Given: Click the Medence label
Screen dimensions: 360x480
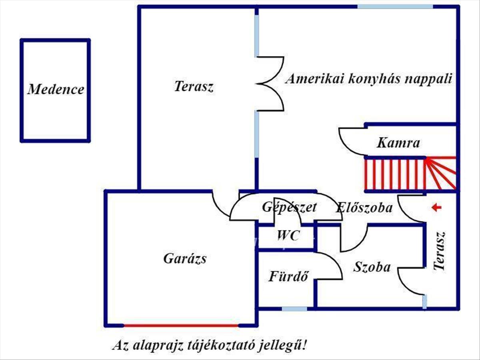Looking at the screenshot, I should coord(56,89).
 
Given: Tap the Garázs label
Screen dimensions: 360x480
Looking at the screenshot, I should coord(185,259).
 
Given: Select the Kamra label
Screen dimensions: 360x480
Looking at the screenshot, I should coord(398,143).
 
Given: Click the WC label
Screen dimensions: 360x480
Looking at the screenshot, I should coord(288,236).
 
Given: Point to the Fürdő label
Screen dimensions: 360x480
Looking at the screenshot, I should coord(289,276).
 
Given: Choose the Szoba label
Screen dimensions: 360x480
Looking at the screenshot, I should coord(372,267).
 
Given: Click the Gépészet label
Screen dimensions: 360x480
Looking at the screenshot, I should coord(290,207).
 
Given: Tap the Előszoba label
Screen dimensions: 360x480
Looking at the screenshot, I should coord(364,208).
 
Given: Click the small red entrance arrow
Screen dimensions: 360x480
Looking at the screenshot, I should coord(436,207).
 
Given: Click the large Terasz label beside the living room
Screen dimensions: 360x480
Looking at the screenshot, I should coord(194,86).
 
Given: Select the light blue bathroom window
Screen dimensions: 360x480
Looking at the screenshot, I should coord(294,309).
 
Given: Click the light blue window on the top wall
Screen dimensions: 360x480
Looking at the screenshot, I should coord(395,6).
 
